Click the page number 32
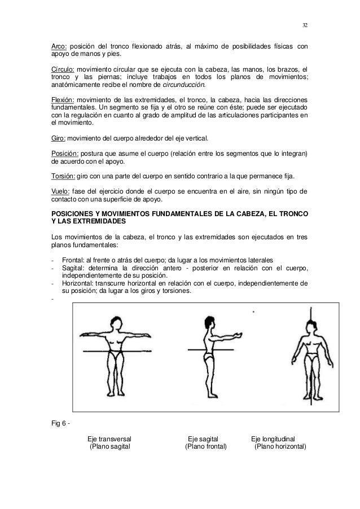[305, 25]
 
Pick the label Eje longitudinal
[276, 439]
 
